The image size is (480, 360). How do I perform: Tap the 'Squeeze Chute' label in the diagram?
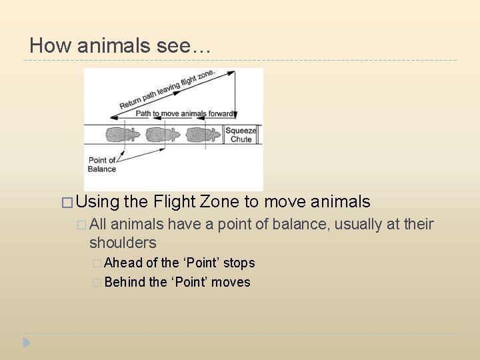[x=241, y=135]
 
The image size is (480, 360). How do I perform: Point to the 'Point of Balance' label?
[x=102, y=164]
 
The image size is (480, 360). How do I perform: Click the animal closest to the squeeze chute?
[x=204, y=135]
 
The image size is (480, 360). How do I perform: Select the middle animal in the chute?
[x=163, y=135]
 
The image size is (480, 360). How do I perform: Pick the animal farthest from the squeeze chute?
[x=123, y=135]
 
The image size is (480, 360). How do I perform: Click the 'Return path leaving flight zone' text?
[x=158, y=91]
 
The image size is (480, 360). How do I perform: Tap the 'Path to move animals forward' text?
[x=184, y=113]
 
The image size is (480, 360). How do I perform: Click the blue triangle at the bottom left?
[x=27, y=343]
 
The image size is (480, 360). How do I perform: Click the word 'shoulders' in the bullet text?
[x=123, y=242]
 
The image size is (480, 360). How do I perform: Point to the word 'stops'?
[x=239, y=263]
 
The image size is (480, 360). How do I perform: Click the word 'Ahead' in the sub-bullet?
[x=123, y=263]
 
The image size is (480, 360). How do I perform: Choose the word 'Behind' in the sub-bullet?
[x=125, y=282]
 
